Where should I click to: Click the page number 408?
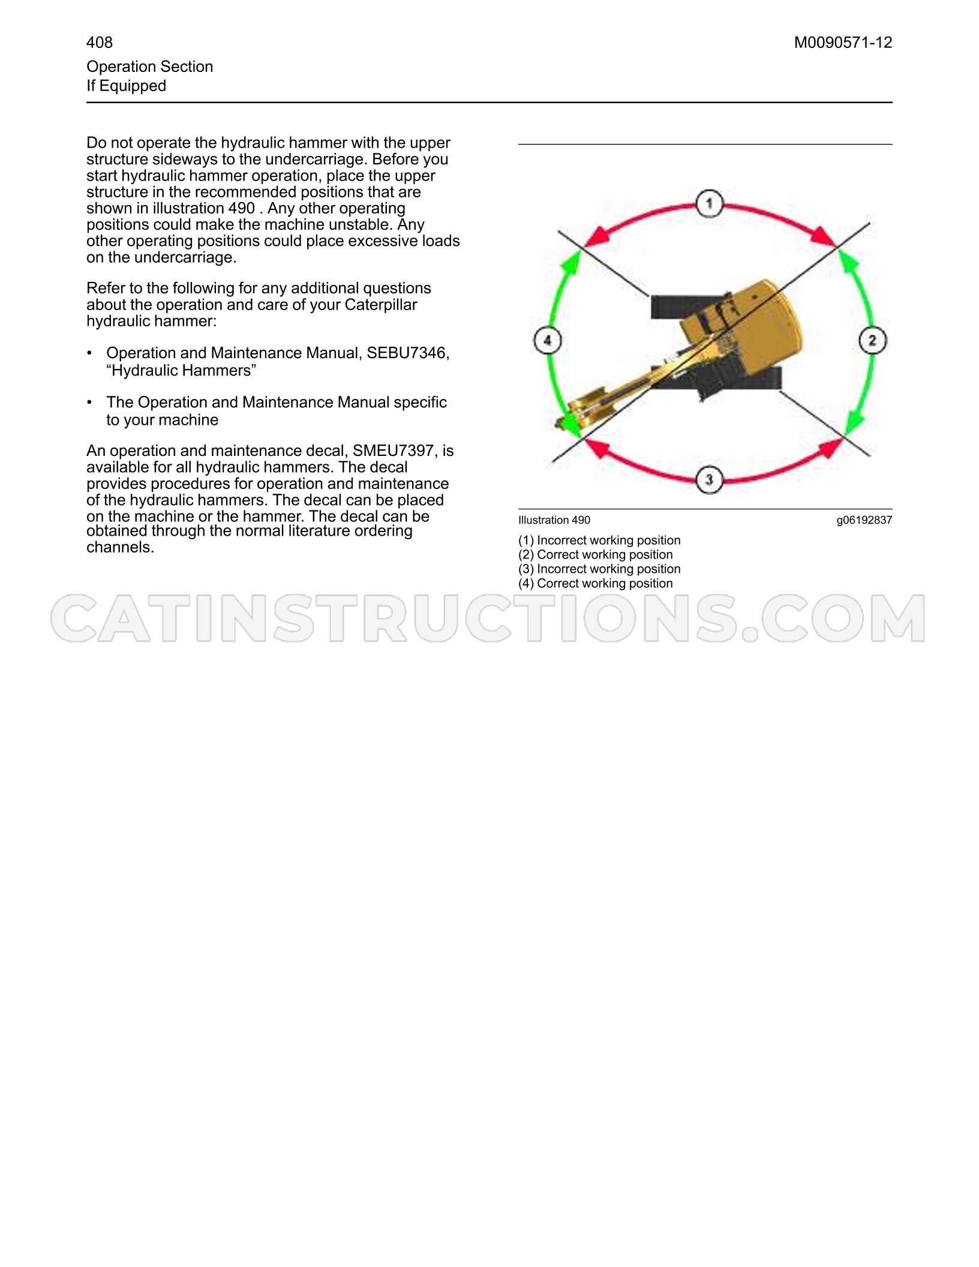(100, 43)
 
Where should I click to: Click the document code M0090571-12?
(843, 43)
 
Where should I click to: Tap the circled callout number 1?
(710, 204)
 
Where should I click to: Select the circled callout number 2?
(872, 341)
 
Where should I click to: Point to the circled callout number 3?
(710, 480)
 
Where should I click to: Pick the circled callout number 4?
(547, 341)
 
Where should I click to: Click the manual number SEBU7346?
(407, 353)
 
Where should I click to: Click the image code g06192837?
(864, 520)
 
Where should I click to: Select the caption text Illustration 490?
(554, 520)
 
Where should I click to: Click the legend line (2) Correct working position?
(596, 555)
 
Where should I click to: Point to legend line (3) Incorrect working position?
(599, 569)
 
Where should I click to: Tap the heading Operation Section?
(149, 67)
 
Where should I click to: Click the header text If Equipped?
(126, 86)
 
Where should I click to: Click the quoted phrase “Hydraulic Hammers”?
(181, 371)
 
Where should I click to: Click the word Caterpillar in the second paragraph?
(380, 305)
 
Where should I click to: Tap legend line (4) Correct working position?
(596, 584)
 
